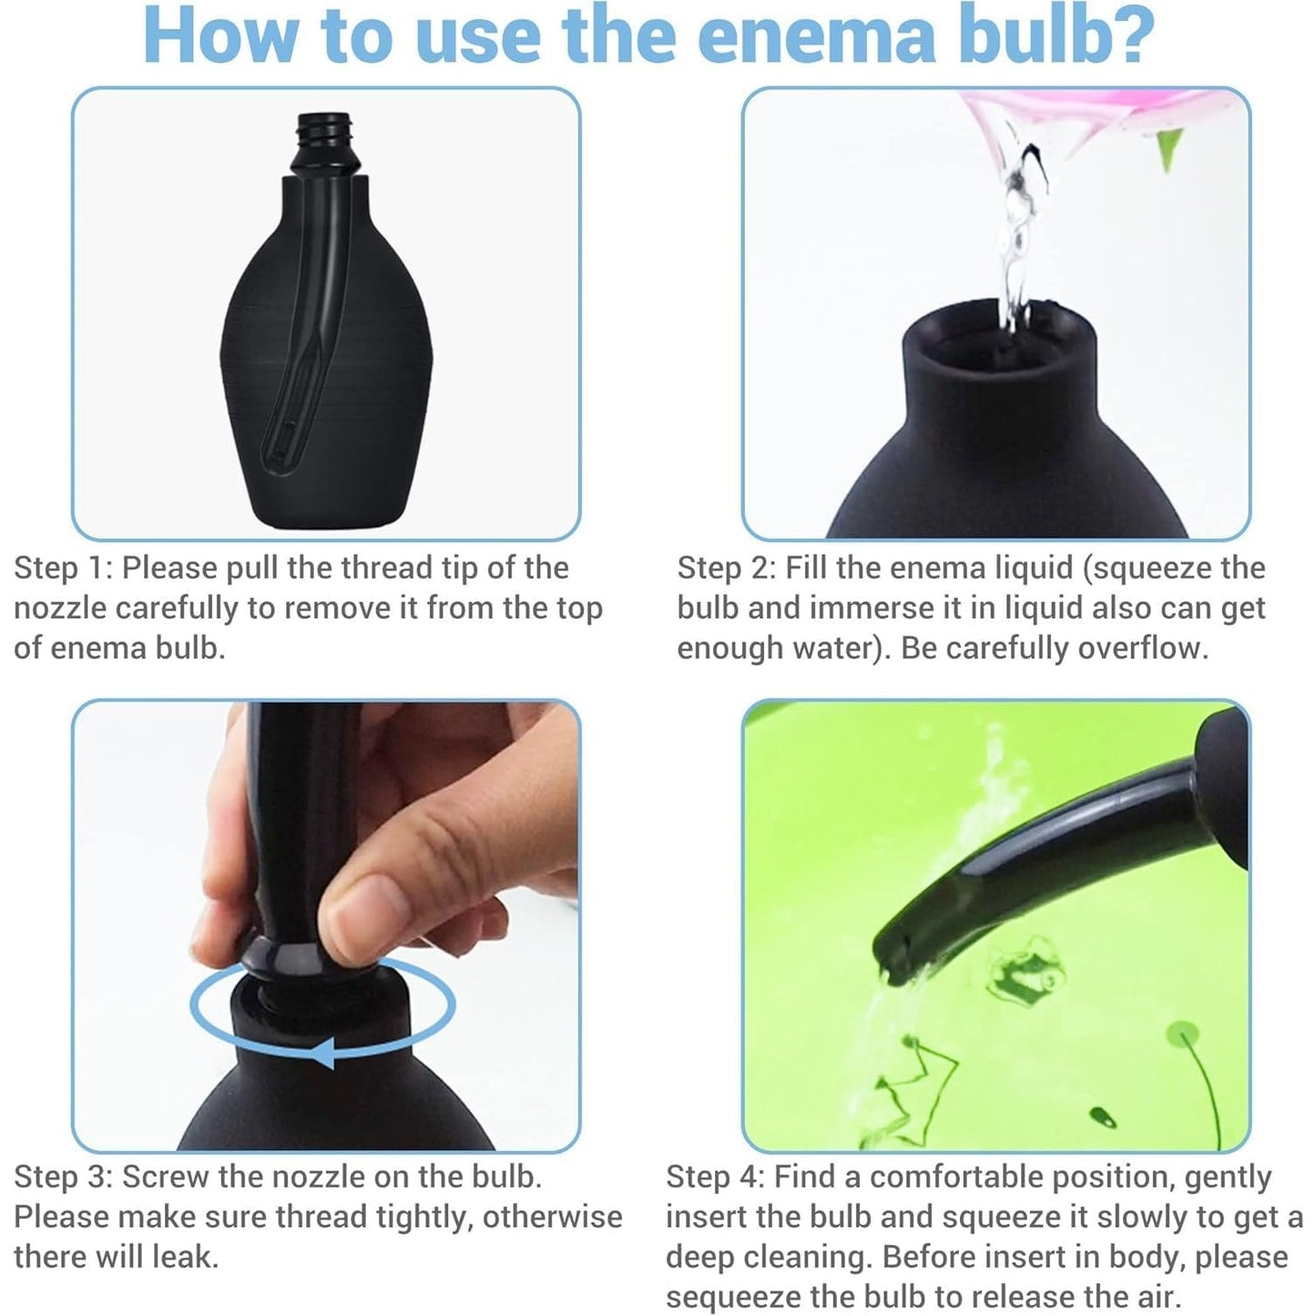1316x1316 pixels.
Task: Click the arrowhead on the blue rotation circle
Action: coord(327,1053)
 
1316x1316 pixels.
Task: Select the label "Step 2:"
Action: coord(726,568)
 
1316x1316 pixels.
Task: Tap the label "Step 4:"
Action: coord(716,1177)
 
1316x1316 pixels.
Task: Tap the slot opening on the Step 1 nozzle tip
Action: coord(280,444)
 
